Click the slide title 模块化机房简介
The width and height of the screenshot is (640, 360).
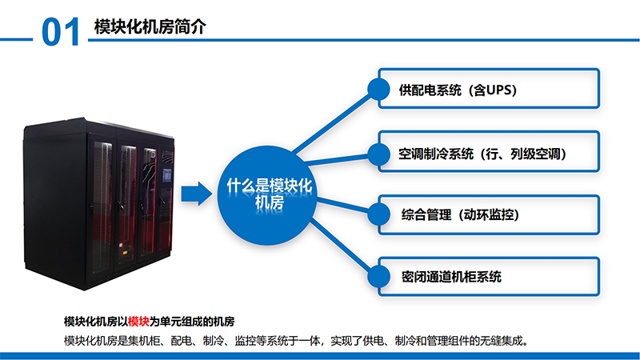point(150,27)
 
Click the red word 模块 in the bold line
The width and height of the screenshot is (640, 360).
point(138,322)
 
